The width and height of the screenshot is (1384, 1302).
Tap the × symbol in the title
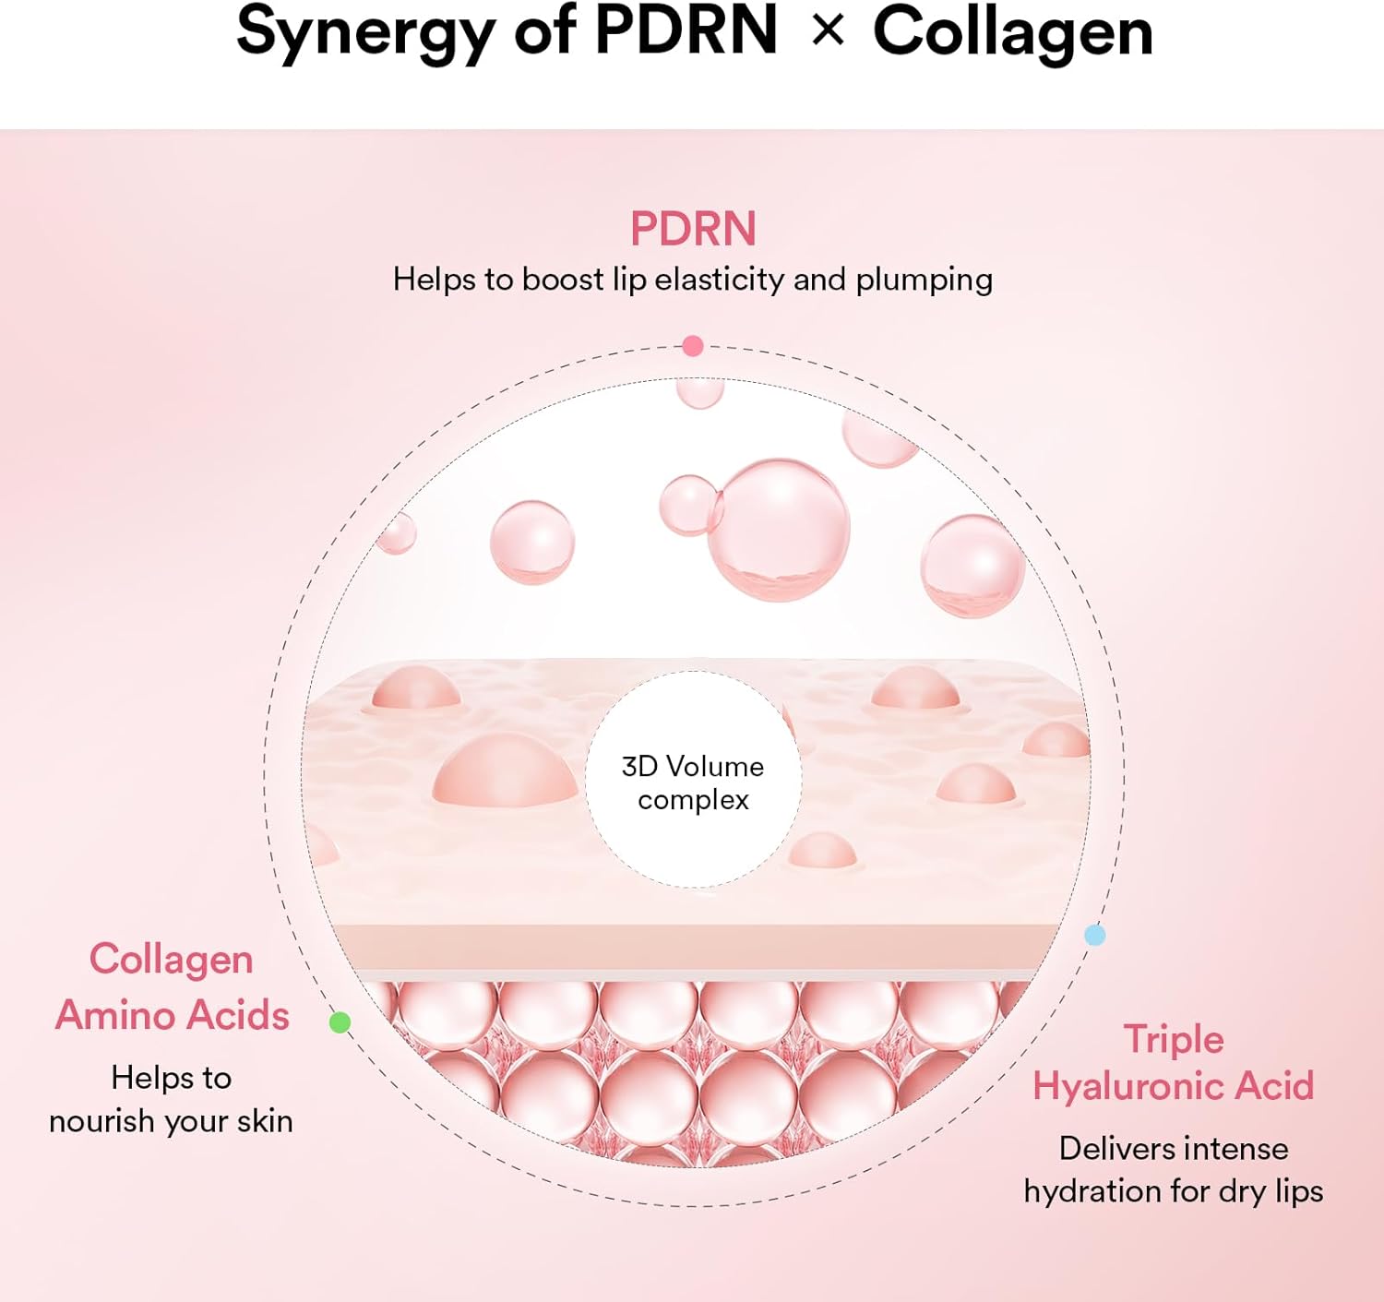click(x=828, y=30)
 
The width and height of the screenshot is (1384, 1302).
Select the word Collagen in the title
click(x=1012, y=33)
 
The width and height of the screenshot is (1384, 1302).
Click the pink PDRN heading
click(x=693, y=229)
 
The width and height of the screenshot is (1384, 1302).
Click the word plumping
click(x=924, y=281)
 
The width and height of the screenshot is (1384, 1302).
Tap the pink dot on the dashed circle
click(x=693, y=346)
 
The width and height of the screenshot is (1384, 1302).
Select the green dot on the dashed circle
click(x=340, y=1021)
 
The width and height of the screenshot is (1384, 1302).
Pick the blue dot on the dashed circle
click(x=1094, y=935)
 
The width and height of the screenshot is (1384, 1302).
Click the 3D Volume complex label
click(x=693, y=782)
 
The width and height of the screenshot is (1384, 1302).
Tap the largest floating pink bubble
click(x=780, y=529)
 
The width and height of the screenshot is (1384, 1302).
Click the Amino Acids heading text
click(x=173, y=1015)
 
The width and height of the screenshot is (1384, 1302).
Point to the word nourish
click(x=101, y=1121)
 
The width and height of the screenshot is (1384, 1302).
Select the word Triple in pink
click(x=1173, y=1039)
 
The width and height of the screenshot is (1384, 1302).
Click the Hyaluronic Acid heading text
click(x=1173, y=1086)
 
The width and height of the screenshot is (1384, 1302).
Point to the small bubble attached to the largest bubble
click(x=688, y=505)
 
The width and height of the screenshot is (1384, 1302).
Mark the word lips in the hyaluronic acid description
click(x=1298, y=1191)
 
